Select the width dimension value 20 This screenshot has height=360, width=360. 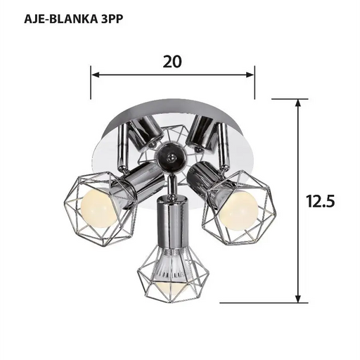[172, 61]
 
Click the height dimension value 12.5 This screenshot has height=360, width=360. [320, 201]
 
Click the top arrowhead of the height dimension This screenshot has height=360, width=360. [300, 103]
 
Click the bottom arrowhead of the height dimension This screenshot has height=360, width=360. [300, 297]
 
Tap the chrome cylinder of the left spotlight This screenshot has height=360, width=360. [139, 181]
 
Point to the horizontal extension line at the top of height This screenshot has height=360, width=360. [285, 98]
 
